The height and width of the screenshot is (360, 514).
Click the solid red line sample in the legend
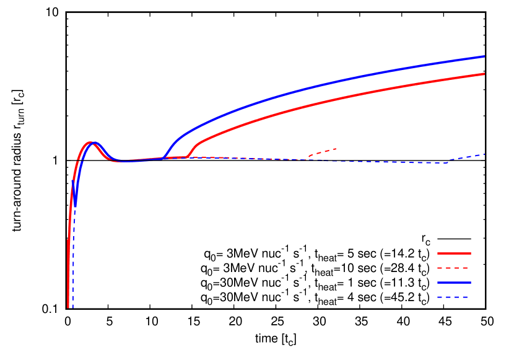(454, 253)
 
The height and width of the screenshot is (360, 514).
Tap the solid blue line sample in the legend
(454, 283)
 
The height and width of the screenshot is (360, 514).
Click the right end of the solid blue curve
(484, 56)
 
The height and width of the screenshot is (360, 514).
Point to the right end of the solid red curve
(484, 74)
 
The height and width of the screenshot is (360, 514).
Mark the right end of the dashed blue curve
(484, 154)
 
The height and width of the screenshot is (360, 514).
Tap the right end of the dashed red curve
(336, 149)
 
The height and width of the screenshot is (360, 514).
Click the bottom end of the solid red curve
(68, 306)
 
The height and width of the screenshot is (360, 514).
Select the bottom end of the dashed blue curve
(72, 307)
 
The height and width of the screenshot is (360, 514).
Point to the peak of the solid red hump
(90, 143)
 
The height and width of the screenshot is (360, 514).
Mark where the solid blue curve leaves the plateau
(163, 157)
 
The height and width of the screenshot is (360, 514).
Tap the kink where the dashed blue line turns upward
(445, 163)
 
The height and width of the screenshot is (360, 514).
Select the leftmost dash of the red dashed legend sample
(440, 268)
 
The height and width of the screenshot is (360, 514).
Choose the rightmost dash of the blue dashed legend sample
(465, 297)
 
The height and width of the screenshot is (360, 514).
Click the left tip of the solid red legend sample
(438, 253)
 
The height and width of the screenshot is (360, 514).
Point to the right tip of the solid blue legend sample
(471, 283)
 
